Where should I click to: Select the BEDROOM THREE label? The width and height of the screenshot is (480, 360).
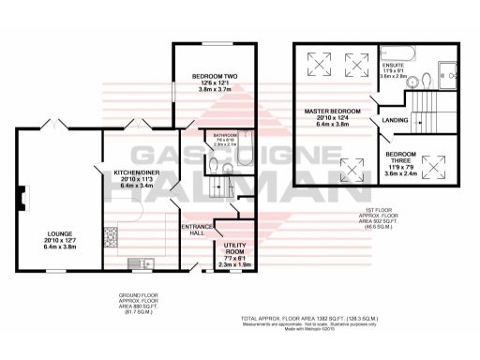404,155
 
